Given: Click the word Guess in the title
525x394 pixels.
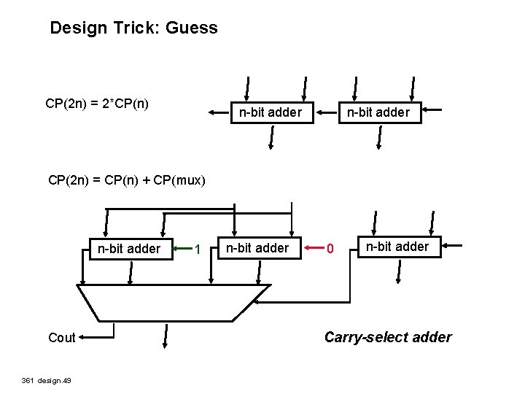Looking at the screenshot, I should point(192,28).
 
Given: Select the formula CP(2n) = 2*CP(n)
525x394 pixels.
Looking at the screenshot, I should point(97,104).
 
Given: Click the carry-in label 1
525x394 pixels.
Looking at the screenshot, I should point(198,250).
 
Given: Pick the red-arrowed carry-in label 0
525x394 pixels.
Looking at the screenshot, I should point(330,250).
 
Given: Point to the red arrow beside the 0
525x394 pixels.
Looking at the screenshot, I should point(312,249).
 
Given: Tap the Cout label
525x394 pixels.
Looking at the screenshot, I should point(61,337).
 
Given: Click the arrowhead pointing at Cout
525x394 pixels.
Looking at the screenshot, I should point(82,337).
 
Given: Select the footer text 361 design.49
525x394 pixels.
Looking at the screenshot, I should point(44,380).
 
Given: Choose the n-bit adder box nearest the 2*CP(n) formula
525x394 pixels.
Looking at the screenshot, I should point(271,112).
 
